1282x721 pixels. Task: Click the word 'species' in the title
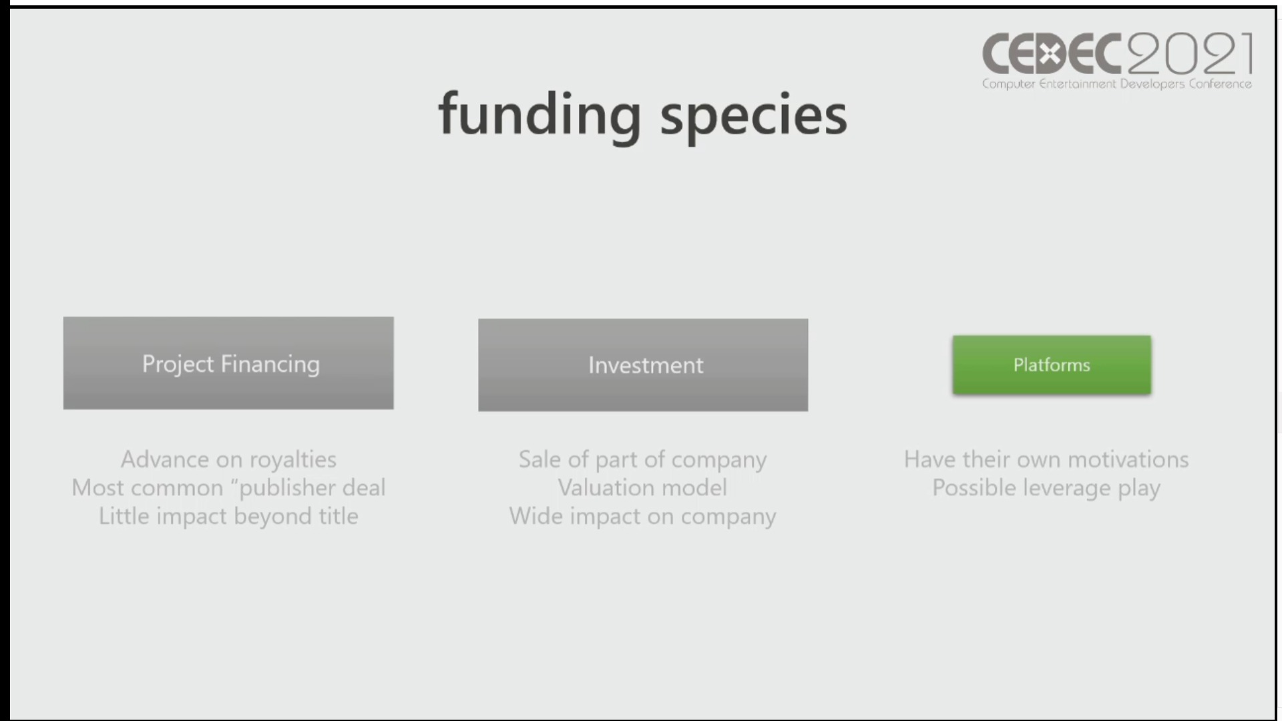click(x=753, y=117)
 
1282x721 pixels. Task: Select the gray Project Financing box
click(x=228, y=363)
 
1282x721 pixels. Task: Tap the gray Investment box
click(x=643, y=365)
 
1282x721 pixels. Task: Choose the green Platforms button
click(x=1052, y=365)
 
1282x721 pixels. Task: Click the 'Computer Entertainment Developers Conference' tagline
click(x=1117, y=84)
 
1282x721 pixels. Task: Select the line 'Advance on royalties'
click(x=228, y=460)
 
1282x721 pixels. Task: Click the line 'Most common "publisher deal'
click(x=228, y=488)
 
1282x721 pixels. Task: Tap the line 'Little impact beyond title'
click(x=228, y=517)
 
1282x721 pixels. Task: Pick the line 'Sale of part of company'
click(x=643, y=460)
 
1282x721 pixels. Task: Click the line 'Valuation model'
click(x=643, y=488)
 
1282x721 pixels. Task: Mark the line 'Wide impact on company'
click(x=643, y=517)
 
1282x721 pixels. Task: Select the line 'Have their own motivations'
click(x=1046, y=460)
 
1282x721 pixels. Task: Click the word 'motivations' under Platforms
click(x=1128, y=460)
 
